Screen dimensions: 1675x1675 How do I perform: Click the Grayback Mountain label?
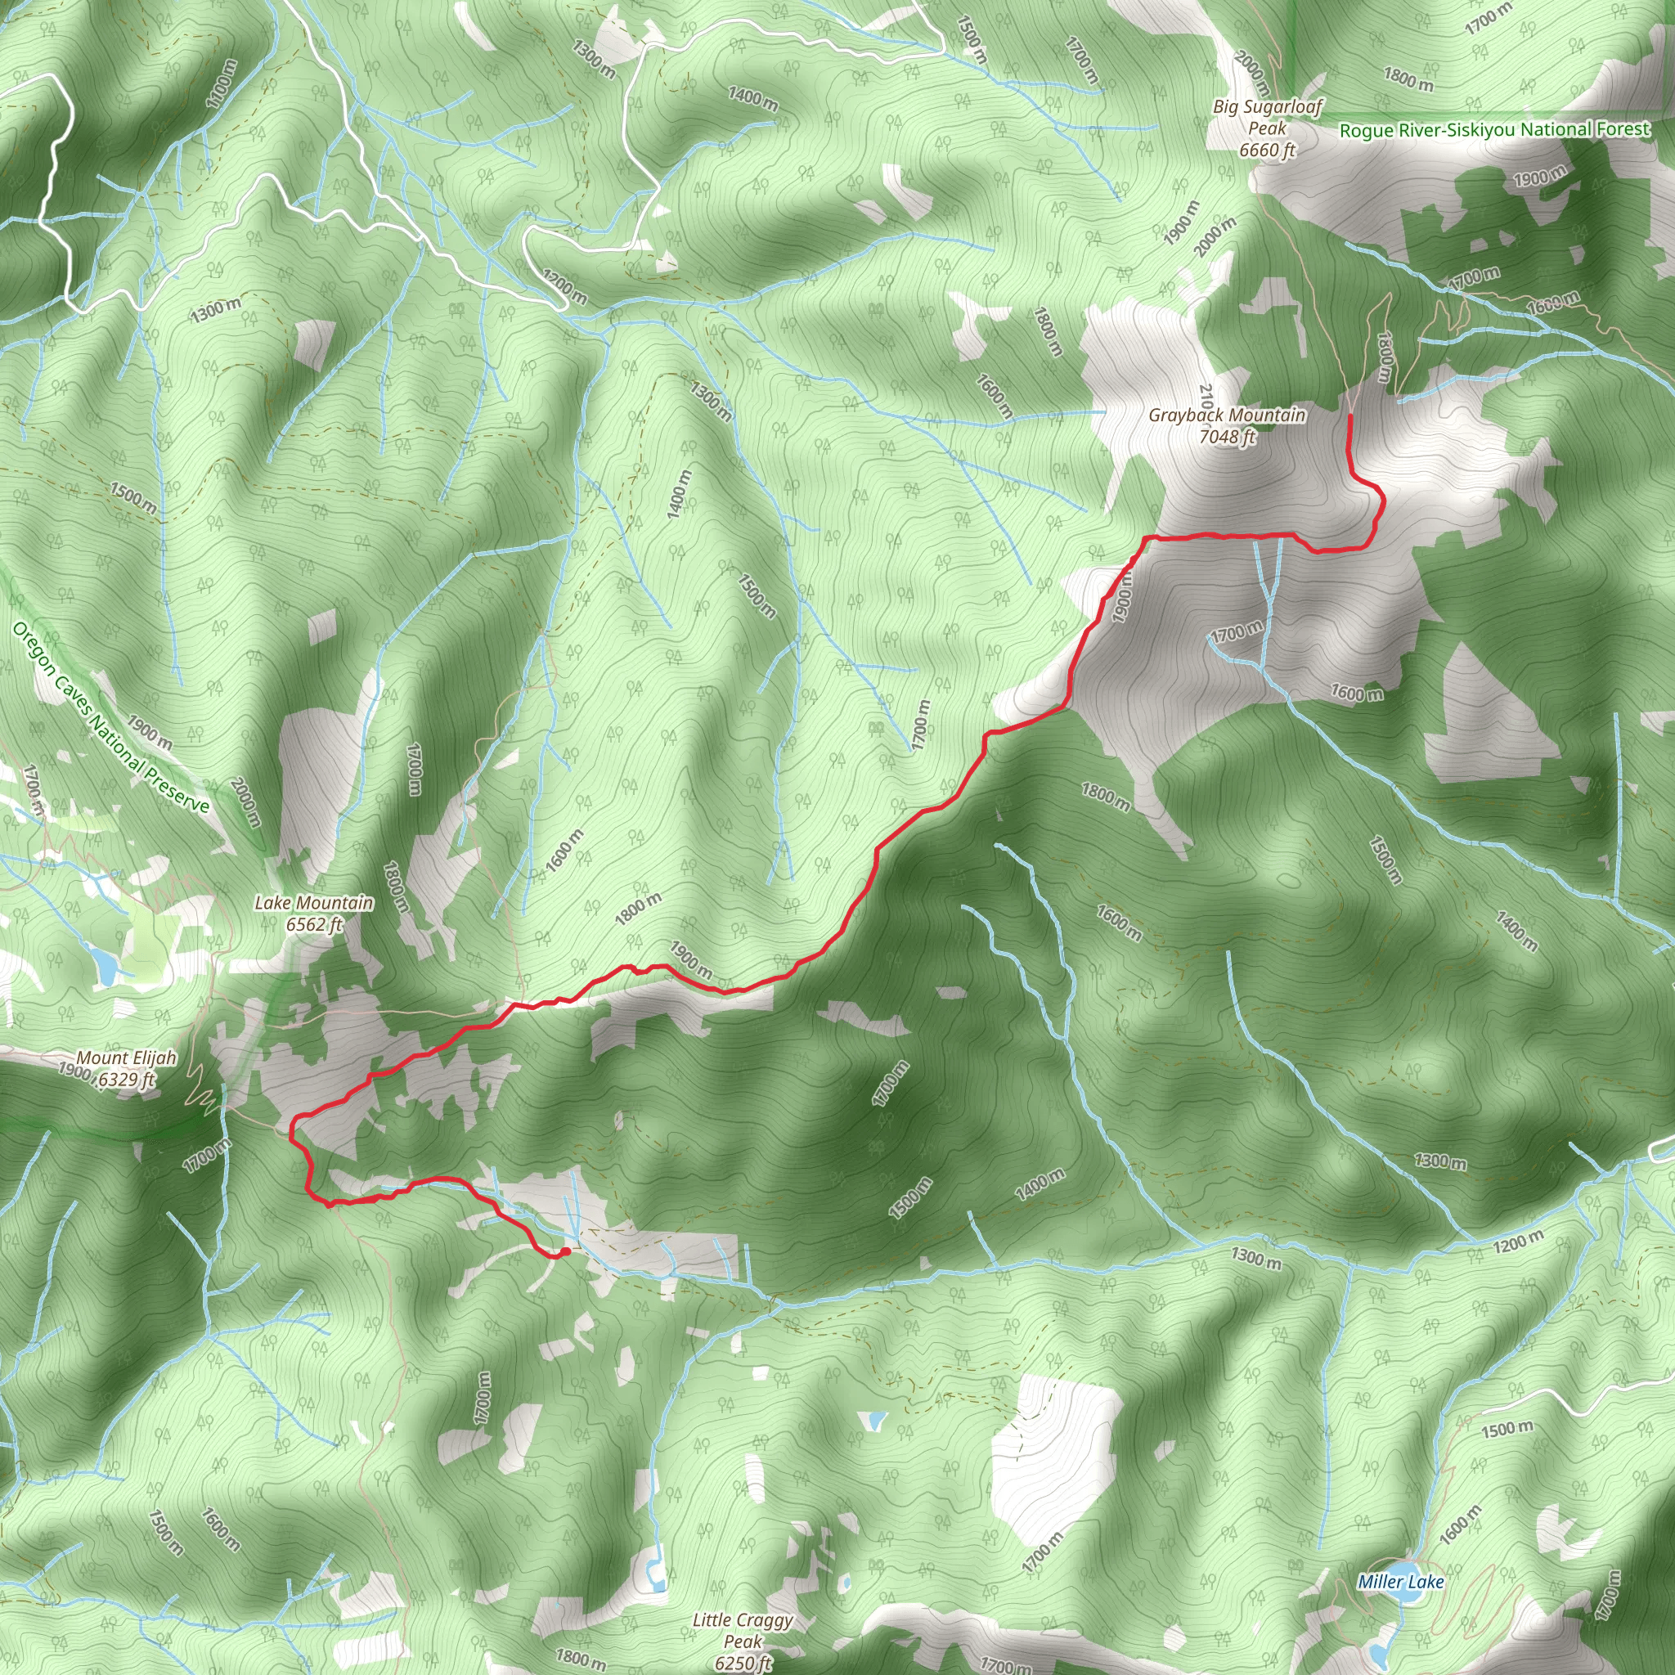(x=1227, y=415)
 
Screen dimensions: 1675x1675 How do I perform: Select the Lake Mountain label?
(x=314, y=903)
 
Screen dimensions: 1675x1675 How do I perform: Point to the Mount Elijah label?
(x=127, y=1058)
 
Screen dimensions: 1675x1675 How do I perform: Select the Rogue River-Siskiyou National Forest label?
(x=1495, y=130)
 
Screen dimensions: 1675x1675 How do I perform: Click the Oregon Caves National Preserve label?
(x=111, y=719)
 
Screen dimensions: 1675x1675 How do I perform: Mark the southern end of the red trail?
(x=564, y=1252)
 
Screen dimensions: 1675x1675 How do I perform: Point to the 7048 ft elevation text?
(x=1227, y=437)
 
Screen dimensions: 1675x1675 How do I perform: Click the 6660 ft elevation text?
(x=1267, y=150)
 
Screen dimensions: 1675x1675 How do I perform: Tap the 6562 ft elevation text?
(x=314, y=924)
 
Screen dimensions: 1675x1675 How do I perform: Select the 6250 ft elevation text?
(x=743, y=1663)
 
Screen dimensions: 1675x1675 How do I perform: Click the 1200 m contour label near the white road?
(x=564, y=286)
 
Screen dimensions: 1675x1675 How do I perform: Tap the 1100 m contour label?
(x=220, y=84)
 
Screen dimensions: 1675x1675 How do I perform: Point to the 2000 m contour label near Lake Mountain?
(x=245, y=802)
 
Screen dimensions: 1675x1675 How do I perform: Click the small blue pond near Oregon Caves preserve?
(x=104, y=963)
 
